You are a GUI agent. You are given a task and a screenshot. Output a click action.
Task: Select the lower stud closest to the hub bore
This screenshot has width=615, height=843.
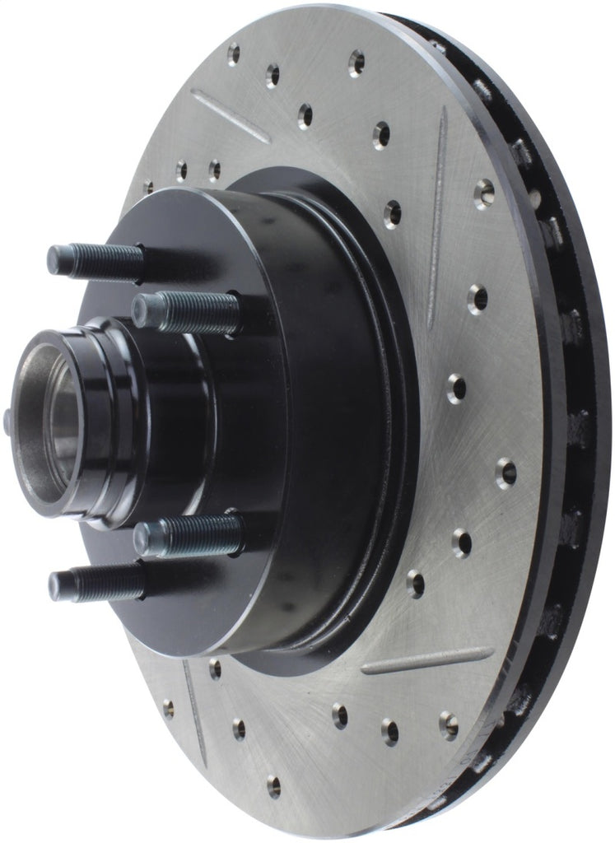pyautogui.click(x=187, y=536)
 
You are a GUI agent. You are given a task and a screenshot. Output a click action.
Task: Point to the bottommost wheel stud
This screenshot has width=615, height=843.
pyautogui.click(x=95, y=583)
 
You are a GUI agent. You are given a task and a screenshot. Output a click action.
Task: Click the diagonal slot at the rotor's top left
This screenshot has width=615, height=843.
pyautogui.click(x=230, y=115)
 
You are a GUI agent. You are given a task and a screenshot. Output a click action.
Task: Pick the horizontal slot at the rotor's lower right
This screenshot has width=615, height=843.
pyautogui.click(x=427, y=659)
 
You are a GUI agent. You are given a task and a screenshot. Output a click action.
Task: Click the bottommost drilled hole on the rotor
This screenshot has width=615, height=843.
pyautogui.click(x=273, y=787)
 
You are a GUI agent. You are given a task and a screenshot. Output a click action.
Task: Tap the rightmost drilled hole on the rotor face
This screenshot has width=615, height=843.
pyautogui.click(x=506, y=473)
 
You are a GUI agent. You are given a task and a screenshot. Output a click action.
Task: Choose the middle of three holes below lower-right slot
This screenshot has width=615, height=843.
pyautogui.click(x=389, y=730)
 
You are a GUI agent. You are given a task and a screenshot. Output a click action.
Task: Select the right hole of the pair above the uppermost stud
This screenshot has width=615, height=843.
pyautogui.click(x=214, y=170)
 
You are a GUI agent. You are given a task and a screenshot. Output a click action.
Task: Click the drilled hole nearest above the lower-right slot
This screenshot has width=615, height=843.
pyautogui.click(x=414, y=584)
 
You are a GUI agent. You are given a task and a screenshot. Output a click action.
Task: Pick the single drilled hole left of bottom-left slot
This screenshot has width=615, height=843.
pyautogui.click(x=168, y=707)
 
